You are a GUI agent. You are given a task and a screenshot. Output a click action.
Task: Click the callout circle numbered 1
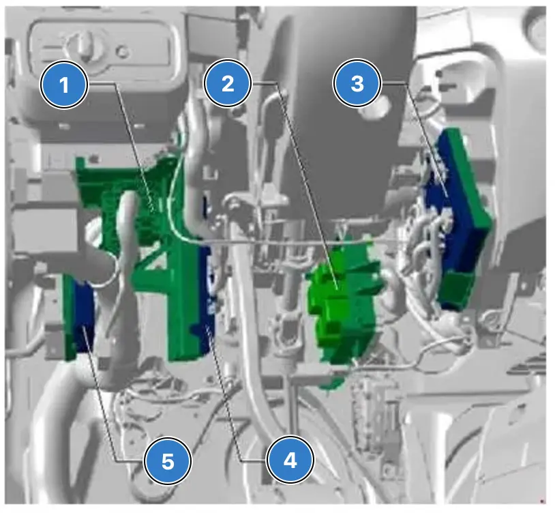64,85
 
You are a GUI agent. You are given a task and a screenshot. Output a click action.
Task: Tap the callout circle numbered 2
228,83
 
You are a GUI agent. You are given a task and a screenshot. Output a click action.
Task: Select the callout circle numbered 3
357,83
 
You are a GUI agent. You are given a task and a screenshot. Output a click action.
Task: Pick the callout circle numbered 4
290,460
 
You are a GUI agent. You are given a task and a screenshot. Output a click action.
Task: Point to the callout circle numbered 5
168,461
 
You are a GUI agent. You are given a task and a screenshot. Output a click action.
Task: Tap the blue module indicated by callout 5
85,315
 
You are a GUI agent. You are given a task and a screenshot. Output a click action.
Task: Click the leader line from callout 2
307,185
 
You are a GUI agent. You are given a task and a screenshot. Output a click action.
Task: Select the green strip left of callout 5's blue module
69,317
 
